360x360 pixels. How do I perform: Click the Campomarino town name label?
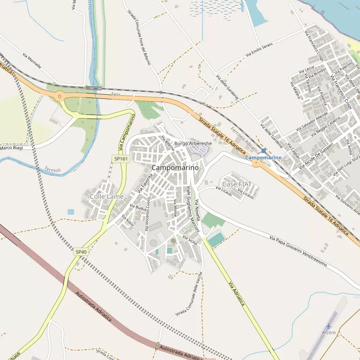(x=175, y=167)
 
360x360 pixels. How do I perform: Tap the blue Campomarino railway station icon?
(x=263, y=151)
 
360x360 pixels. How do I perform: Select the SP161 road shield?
(x=120, y=159)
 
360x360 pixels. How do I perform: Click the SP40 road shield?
(x=81, y=252)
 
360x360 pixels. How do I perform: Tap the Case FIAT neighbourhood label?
(x=237, y=184)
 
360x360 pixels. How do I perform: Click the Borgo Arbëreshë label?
(x=193, y=143)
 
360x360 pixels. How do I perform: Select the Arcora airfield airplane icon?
(x=328, y=326)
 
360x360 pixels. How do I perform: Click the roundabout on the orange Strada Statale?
(x=60, y=97)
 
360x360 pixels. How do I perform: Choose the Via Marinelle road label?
(x=31, y=61)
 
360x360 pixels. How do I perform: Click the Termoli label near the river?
(x=52, y=169)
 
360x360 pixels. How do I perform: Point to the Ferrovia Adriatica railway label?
(x=245, y=141)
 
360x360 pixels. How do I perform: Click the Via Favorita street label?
(x=145, y=184)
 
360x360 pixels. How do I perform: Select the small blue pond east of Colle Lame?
(x=71, y=212)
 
